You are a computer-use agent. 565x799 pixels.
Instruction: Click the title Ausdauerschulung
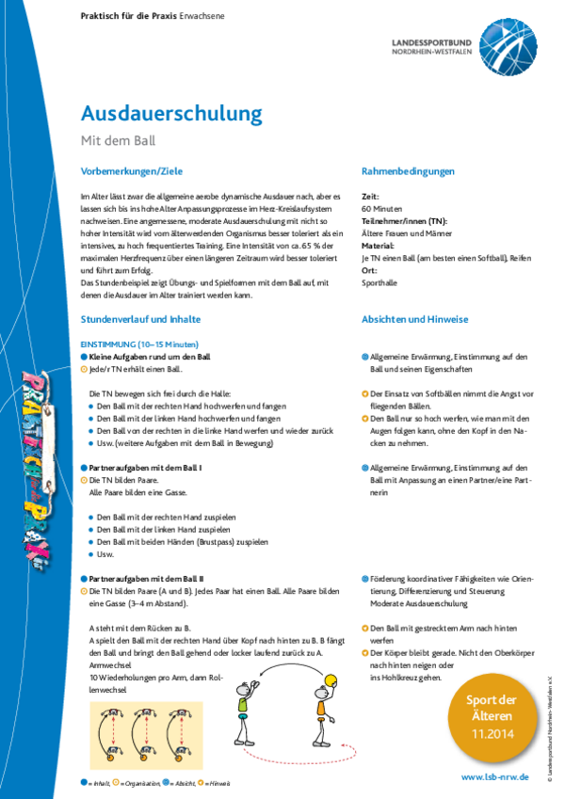click(x=171, y=114)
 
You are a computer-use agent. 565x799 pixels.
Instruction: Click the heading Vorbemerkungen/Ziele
click(x=132, y=171)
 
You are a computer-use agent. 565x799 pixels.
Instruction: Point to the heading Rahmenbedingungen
click(x=408, y=171)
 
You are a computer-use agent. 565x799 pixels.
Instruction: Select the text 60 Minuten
click(x=382, y=207)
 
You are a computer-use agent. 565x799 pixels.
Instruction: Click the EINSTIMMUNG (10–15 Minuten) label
click(x=140, y=344)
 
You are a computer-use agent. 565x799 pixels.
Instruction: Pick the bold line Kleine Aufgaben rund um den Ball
click(x=150, y=358)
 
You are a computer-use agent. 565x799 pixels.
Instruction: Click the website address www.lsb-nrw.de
click(x=496, y=777)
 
